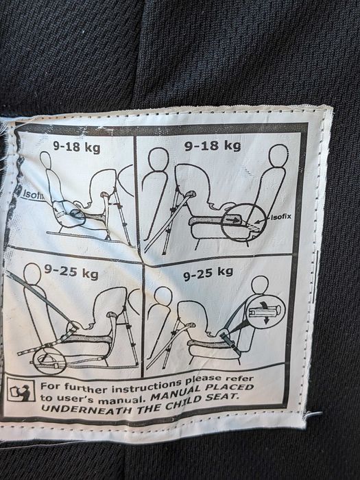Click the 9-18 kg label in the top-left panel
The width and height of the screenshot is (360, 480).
(77, 147)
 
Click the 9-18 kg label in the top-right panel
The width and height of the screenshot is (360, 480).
(213, 145)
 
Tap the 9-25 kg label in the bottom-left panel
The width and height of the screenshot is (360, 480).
(71, 272)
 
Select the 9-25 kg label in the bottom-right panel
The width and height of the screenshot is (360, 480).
(208, 273)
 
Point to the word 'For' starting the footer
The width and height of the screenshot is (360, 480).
(49, 385)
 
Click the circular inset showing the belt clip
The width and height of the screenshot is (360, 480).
(266, 311)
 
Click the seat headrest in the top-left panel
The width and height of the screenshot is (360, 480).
(45, 160)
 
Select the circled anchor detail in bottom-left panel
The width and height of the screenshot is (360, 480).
(49, 361)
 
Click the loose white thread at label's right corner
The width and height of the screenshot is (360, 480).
(311, 414)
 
